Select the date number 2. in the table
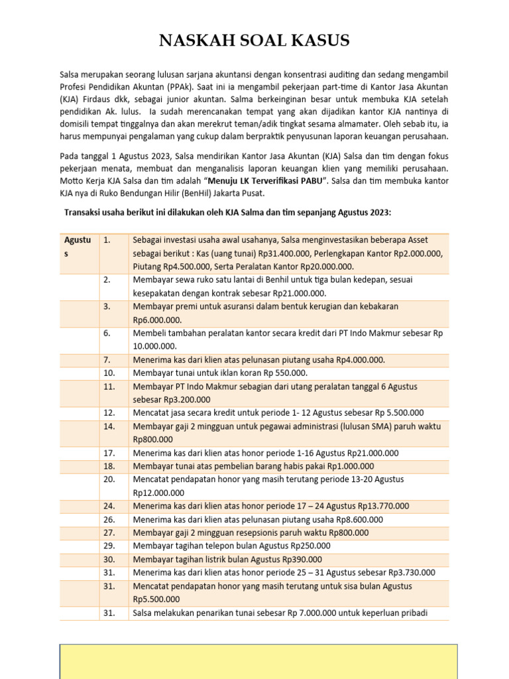tap(107, 280)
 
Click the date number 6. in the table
tap(107, 333)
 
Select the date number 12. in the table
tap(109, 412)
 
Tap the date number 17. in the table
tap(109, 453)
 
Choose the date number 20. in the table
tap(109, 479)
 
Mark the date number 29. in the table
tap(109, 546)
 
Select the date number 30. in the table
tap(109, 559)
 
